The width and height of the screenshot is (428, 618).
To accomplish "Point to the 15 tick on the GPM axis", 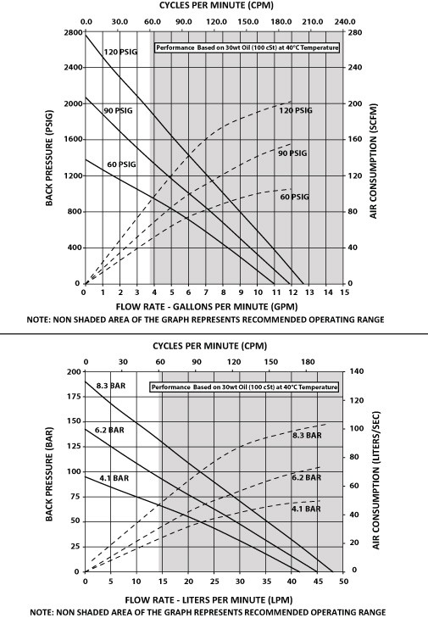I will (x=343, y=292).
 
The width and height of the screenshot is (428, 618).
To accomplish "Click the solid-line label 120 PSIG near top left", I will (x=120, y=52).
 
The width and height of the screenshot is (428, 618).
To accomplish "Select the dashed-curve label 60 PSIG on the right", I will (x=296, y=197).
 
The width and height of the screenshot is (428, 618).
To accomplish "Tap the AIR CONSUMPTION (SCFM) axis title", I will (x=374, y=157).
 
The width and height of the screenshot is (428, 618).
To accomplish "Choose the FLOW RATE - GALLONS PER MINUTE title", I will (x=214, y=305).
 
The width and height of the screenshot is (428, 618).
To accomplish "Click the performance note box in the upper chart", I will (x=247, y=47).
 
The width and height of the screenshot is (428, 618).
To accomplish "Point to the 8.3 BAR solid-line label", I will (x=110, y=387).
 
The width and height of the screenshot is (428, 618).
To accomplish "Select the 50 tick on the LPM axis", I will (x=343, y=582).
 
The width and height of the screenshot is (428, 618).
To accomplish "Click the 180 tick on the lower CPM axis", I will (x=307, y=360).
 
